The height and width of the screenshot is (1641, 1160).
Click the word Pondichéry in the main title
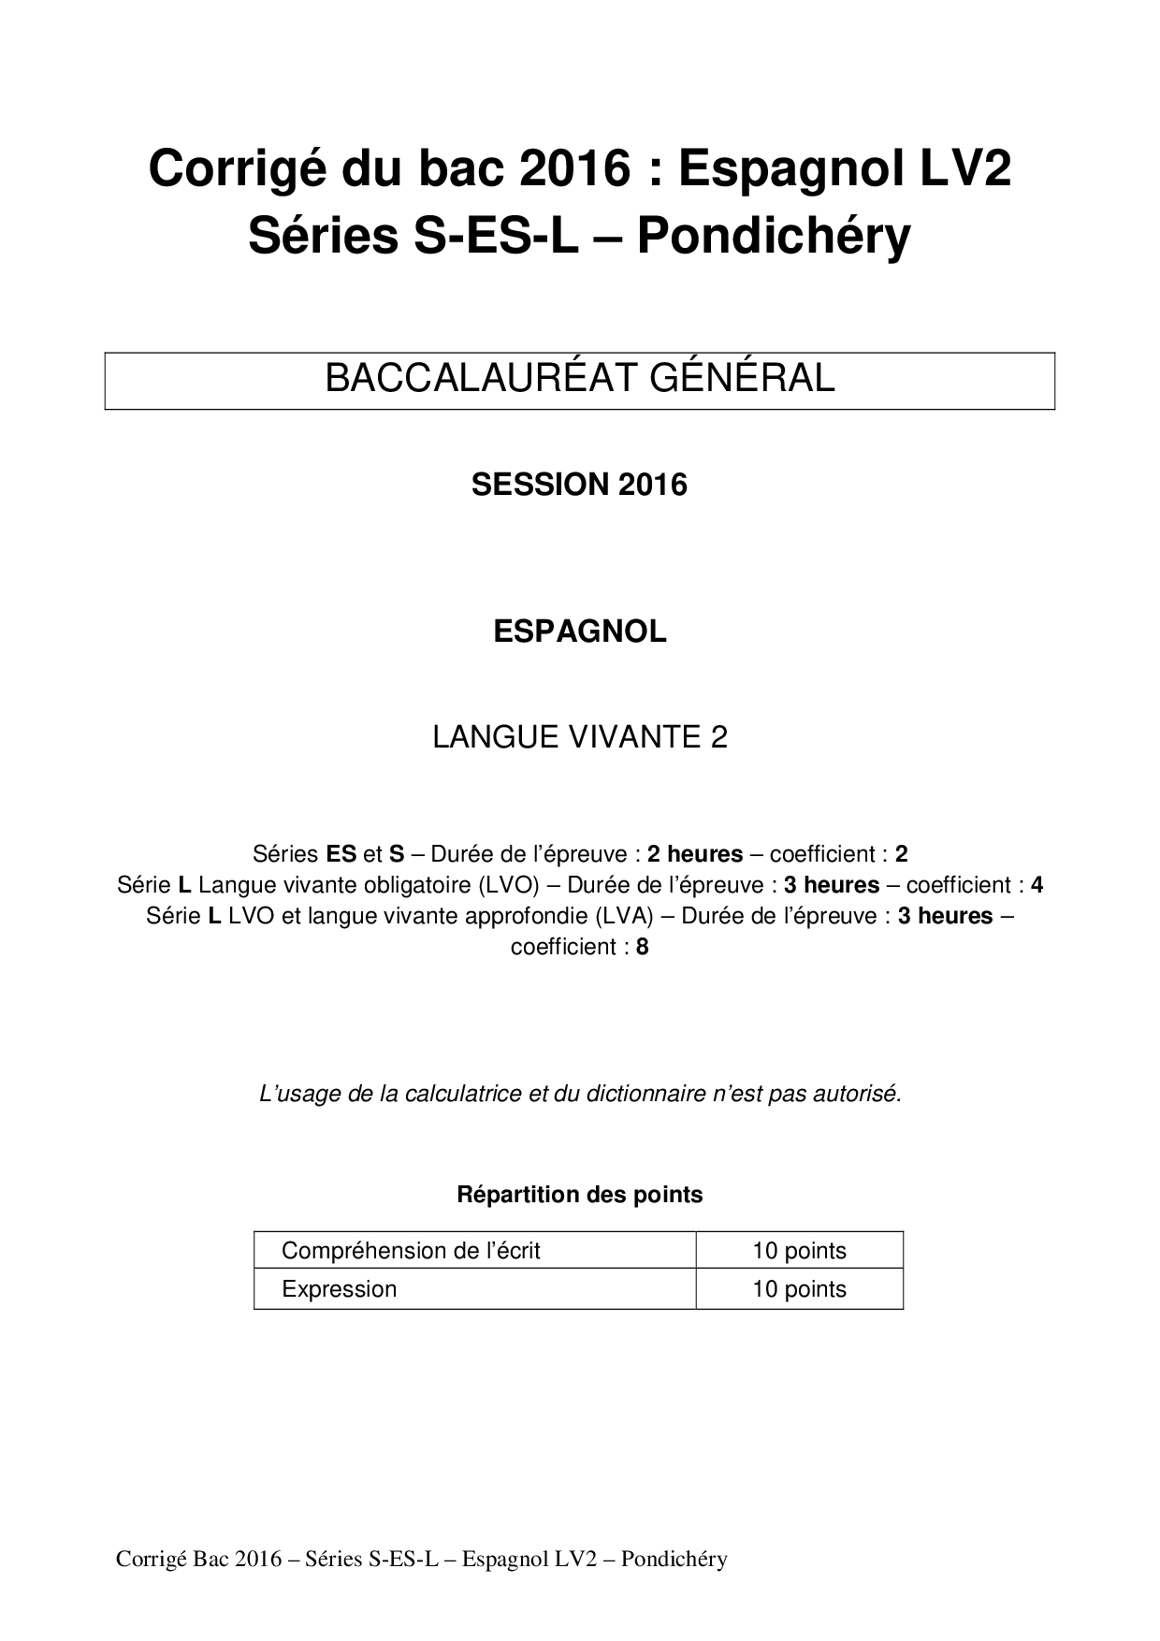point(774,238)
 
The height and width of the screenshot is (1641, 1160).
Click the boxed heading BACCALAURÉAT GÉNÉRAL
point(579,379)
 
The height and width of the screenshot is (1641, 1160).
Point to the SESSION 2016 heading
point(579,485)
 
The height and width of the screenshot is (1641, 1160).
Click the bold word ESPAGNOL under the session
point(579,632)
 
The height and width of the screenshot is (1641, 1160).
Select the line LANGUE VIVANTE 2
point(579,737)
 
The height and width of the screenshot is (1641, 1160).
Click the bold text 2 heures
point(695,854)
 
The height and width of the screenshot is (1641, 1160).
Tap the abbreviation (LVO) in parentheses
point(509,885)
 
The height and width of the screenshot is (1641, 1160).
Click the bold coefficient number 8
point(642,947)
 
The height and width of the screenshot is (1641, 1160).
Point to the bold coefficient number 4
point(1037,885)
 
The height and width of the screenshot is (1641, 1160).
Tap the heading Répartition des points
point(579,1195)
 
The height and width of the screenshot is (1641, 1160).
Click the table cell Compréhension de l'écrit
point(411,1251)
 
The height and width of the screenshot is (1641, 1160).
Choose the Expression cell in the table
point(339,1289)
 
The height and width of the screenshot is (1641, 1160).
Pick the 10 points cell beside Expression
point(799,1289)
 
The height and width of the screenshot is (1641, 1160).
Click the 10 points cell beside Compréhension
point(799,1251)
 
